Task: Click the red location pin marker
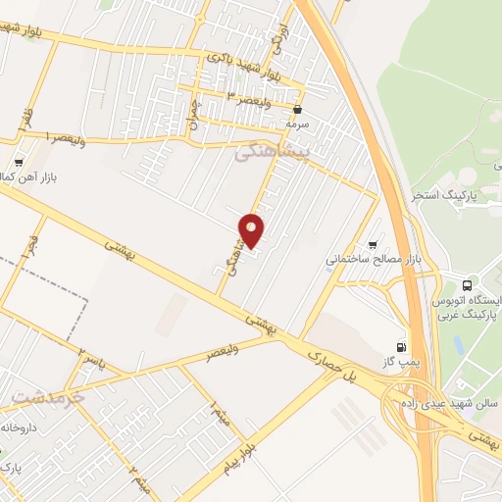click(252, 229)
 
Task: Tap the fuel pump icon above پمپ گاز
click(400, 346)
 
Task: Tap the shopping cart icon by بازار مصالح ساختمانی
click(372, 245)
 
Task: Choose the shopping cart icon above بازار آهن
click(20, 163)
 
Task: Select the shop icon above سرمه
click(297, 110)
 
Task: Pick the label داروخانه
click(21, 428)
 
